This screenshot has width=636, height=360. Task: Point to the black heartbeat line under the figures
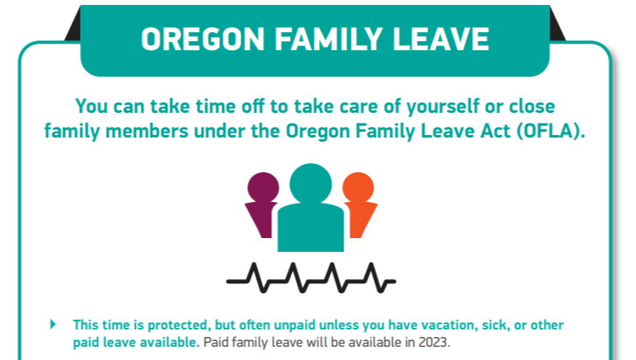[311, 278]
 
